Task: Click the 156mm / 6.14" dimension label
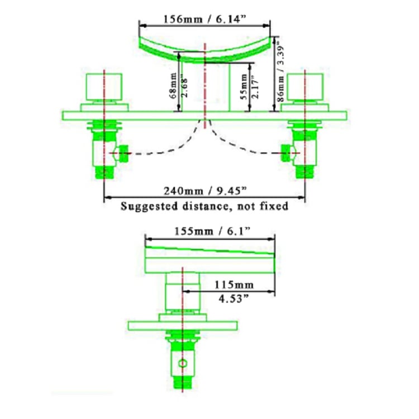click(204, 19)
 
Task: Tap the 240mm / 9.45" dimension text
click(205, 191)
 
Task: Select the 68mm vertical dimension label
click(173, 85)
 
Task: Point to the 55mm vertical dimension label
click(244, 87)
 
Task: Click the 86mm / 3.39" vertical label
click(280, 72)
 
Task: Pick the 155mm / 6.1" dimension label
click(212, 231)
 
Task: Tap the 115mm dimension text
click(234, 284)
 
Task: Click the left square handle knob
click(104, 87)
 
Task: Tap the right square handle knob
click(305, 87)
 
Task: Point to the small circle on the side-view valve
click(183, 364)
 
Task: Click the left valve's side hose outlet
click(123, 154)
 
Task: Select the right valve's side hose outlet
click(286, 154)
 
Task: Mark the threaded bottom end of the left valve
click(105, 172)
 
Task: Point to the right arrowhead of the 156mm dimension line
click(266, 26)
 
